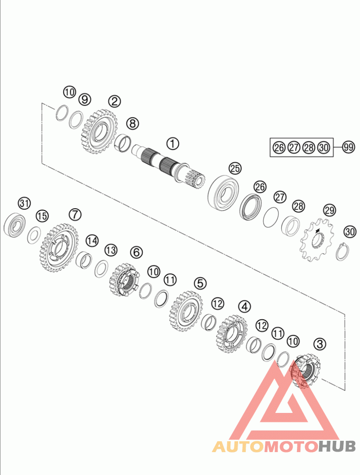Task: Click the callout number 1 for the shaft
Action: click(173, 143)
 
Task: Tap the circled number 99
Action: click(348, 148)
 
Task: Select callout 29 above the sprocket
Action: click(329, 210)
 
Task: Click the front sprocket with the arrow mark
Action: click(317, 240)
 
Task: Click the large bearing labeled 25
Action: click(224, 193)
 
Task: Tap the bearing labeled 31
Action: click(14, 224)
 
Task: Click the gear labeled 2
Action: click(99, 131)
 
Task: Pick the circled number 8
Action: click(132, 124)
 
